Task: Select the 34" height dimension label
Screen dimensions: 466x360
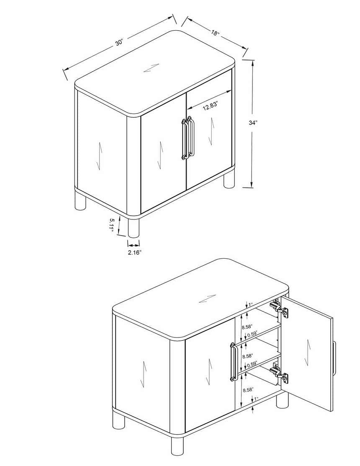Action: (253, 123)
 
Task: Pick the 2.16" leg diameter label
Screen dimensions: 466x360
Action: (134, 252)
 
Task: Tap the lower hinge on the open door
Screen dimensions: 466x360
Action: (279, 373)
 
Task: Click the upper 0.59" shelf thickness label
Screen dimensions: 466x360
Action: (251, 334)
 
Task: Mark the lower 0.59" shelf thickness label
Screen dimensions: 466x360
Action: (251, 364)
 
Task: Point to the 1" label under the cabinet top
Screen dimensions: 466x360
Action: (251, 304)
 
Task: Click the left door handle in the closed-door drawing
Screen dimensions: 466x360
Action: (184, 139)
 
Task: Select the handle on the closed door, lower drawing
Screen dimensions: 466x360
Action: (233, 362)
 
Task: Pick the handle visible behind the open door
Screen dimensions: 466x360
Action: (334, 358)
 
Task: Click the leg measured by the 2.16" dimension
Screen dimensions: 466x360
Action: (134, 228)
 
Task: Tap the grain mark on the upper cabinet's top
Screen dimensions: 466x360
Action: (151, 68)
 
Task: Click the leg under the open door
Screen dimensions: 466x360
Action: (282, 400)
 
